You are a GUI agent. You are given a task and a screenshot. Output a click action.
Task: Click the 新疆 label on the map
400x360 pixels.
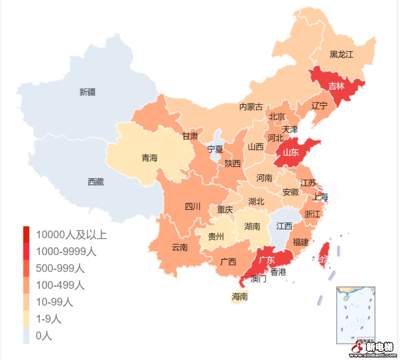click(87, 92)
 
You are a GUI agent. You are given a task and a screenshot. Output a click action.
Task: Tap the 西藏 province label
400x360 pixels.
click(96, 182)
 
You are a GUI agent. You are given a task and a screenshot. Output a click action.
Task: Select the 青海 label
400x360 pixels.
click(149, 158)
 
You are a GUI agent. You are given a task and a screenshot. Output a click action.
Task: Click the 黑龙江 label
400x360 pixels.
click(341, 55)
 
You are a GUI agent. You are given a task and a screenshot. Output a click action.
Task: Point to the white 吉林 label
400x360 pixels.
click(336, 86)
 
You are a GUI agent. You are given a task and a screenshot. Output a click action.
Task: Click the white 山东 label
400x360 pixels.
click(291, 152)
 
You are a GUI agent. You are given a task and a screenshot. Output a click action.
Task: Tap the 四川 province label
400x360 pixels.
click(193, 207)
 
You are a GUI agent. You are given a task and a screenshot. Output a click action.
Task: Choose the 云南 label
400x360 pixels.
click(180, 247)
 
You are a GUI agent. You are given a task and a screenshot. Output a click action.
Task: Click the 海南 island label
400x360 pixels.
click(240, 297)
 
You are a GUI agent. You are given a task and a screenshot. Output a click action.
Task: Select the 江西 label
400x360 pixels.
click(284, 226)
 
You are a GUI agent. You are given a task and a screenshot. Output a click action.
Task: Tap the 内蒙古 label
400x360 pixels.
click(251, 107)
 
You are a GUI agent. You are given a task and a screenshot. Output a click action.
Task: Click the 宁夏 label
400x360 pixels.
click(215, 149)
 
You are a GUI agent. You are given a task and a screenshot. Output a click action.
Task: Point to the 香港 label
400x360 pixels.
click(278, 272)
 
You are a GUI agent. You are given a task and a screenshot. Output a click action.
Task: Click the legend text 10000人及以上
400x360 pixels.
click(71, 235)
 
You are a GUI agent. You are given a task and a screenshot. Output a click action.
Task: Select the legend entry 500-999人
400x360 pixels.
click(60, 268)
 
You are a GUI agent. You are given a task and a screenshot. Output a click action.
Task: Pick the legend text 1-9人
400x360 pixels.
click(49, 319)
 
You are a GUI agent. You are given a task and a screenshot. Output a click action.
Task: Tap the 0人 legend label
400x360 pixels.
click(44, 336)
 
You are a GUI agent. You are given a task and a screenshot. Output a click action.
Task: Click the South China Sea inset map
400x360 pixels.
click(356, 315)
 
